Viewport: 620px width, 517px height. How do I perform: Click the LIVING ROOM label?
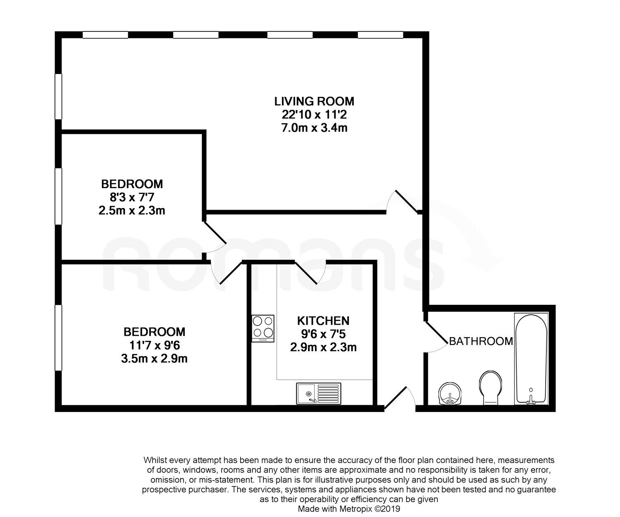(314, 101)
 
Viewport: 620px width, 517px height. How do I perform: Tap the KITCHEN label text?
(323, 321)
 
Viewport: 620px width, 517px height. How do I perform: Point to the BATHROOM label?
(481, 341)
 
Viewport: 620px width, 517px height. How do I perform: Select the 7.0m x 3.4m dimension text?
(314, 128)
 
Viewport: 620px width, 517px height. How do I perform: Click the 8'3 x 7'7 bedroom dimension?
(132, 197)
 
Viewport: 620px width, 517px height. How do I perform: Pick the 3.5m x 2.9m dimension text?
(154, 359)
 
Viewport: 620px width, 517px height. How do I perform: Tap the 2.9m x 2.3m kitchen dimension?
(323, 347)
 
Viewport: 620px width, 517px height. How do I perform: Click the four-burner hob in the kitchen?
(263, 329)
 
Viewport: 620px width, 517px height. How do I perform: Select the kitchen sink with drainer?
(319, 393)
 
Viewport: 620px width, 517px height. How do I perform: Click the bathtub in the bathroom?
(531, 359)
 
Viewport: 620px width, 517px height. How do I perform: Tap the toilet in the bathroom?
(491, 388)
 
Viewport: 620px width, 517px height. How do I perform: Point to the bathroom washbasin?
(450, 393)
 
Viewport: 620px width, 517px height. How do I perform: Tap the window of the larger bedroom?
(59, 337)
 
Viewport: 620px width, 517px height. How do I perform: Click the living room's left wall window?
(59, 96)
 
